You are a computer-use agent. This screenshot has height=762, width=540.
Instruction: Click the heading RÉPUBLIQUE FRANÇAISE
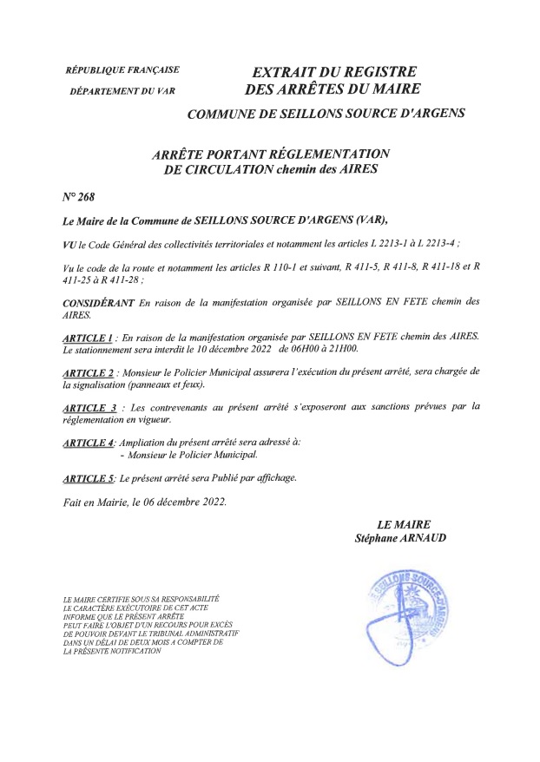pos(122,69)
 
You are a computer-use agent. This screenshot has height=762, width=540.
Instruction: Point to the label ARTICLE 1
pos(89,336)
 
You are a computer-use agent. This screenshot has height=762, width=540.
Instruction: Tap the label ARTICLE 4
pos(89,443)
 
